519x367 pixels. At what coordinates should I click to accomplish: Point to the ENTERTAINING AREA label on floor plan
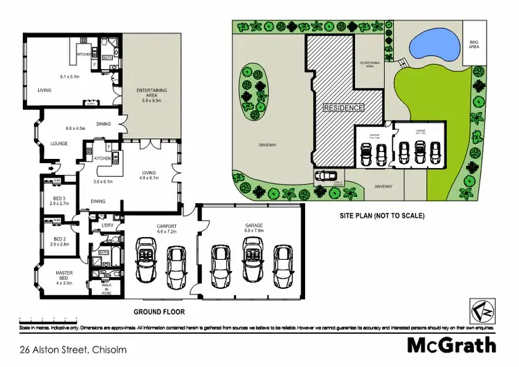(x=150, y=95)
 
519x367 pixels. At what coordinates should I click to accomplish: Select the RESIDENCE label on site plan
(x=343, y=109)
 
